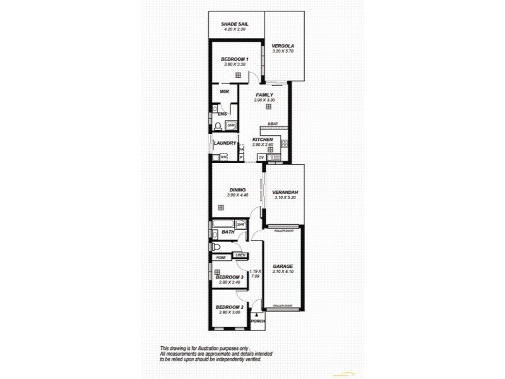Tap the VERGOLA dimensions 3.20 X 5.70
[x=283, y=51]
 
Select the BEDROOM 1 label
[x=234, y=59]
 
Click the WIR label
[x=224, y=92]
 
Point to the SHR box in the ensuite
[x=231, y=126]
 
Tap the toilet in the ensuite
[x=218, y=126]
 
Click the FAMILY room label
[x=264, y=95]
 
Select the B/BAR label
[x=272, y=124]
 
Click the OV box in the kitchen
[x=261, y=157]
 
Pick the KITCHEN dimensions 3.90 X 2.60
[x=263, y=145]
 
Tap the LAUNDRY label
[x=225, y=143]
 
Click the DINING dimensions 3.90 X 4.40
[x=238, y=195]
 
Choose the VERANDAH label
[x=285, y=192]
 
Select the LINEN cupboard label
[x=240, y=255]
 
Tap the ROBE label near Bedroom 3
[x=221, y=258]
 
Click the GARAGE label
[x=282, y=266]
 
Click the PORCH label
[x=258, y=322]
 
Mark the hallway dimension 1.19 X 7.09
[x=256, y=274]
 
